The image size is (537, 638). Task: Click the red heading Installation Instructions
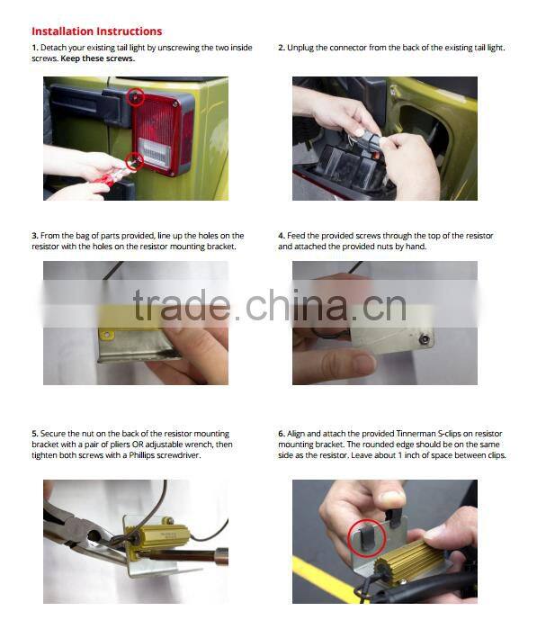point(97,31)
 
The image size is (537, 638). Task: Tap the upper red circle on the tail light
point(137,89)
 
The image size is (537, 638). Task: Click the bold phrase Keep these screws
point(98,58)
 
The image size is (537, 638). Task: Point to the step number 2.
point(282,48)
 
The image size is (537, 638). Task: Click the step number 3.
point(35,236)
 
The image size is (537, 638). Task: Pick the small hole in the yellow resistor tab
point(107,336)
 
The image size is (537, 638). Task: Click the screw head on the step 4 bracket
point(425,337)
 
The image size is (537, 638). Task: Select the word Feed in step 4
point(295,236)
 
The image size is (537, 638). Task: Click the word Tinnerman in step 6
point(416,434)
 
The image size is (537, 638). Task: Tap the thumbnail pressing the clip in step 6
point(391,499)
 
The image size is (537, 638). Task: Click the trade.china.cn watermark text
point(269,305)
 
